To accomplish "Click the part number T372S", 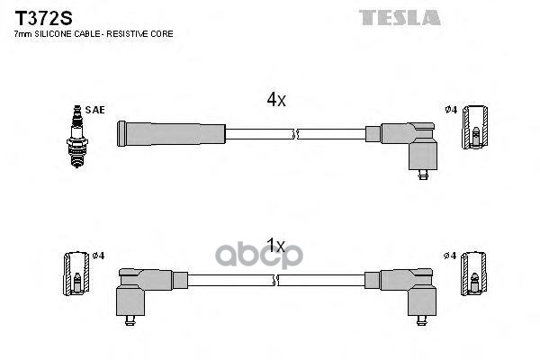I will pos(39,17).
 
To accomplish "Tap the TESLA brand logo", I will pos(400,17).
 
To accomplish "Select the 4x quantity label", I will pos(275,101).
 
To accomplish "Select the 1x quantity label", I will pos(275,245).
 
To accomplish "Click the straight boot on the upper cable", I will pos(170,133).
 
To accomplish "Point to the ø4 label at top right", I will pos(451,110).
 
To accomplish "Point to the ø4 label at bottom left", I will pos(98,256).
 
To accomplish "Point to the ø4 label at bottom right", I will pos(451,256).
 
